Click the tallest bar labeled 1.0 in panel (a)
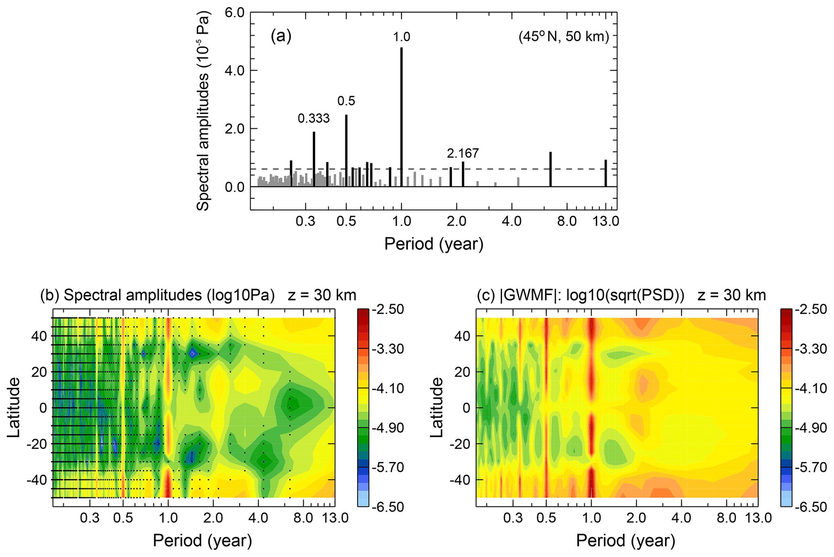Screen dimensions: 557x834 click(x=401, y=117)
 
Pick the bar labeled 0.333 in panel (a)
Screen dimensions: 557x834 click(x=314, y=159)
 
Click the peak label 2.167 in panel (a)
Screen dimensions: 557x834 click(x=463, y=153)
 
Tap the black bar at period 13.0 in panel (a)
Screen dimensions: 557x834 click(x=606, y=173)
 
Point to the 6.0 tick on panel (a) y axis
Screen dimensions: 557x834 click(x=234, y=13)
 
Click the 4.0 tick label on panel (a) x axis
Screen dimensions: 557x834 click(x=512, y=222)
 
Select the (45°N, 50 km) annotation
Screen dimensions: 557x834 click(x=564, y=37)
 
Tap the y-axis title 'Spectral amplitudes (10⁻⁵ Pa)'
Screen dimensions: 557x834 click(x=203, y=111)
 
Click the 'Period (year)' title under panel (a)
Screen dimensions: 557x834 click(x=434, y=244)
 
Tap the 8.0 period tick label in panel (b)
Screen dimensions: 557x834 click(x=303, y=518)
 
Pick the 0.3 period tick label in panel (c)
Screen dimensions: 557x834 click(x=513, y=518)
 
